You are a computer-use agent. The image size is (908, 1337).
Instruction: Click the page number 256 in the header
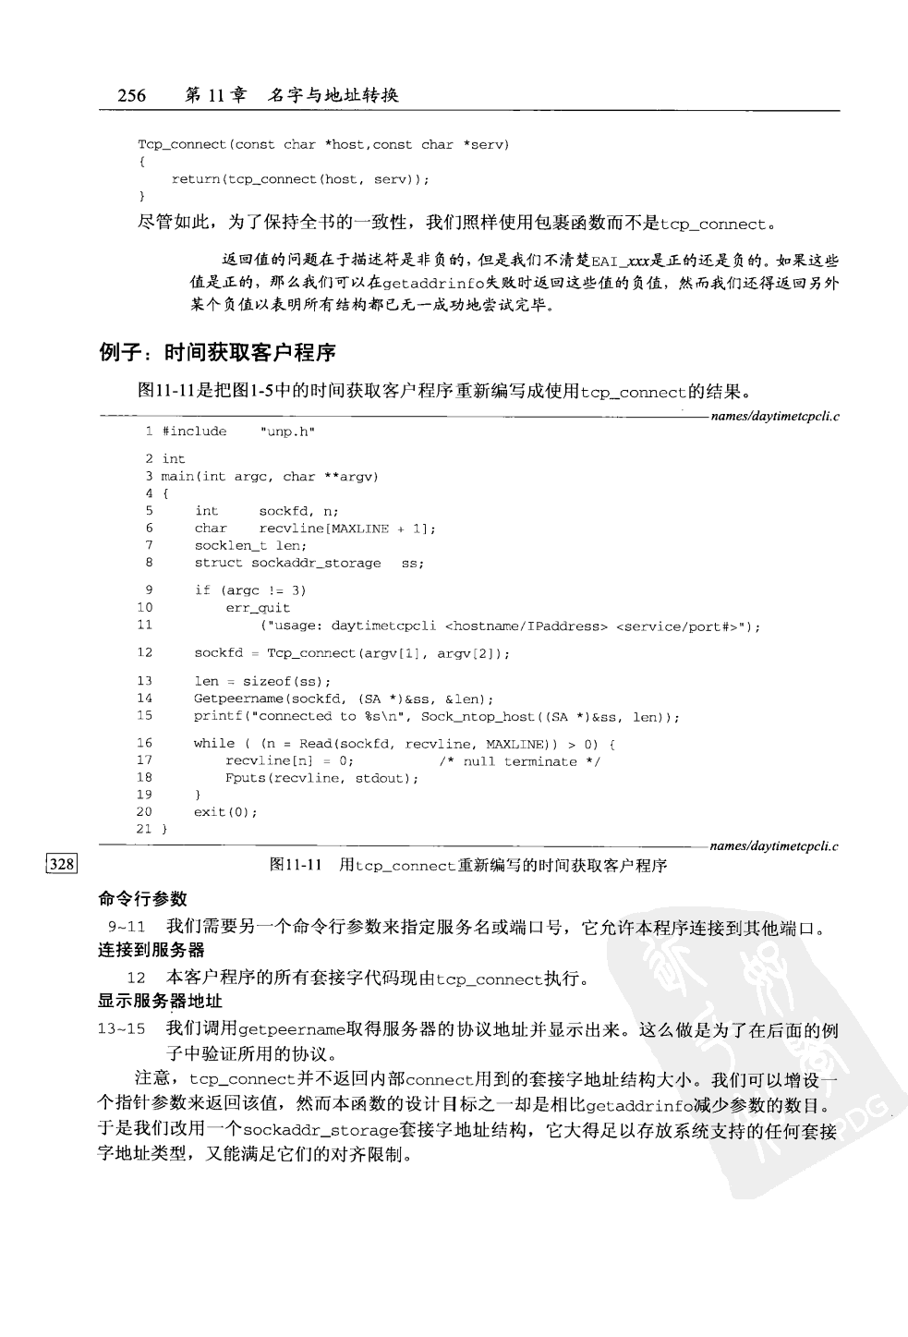(131, 95)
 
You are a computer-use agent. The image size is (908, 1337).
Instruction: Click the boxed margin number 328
(62, 865)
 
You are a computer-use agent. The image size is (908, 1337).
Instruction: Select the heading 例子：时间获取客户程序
(217, 352)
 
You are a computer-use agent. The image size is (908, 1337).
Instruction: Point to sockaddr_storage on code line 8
(316, 563)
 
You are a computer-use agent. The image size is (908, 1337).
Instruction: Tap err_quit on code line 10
(258, 608)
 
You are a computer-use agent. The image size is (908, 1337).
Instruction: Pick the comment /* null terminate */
(519, 761)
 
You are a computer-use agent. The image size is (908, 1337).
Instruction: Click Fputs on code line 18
(245, 778)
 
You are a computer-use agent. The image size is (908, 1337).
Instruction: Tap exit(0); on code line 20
(225, 812)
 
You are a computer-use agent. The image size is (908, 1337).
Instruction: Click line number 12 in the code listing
(144, 653)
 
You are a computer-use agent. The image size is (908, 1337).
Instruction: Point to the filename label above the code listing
(774, 417)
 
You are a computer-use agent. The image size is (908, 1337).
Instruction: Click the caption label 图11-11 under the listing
(295, 865)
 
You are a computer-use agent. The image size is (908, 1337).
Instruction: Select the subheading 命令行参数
(143, 898)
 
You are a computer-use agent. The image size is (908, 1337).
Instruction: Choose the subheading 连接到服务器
(151, 950)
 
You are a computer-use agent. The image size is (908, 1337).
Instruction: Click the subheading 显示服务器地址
(160, 1002)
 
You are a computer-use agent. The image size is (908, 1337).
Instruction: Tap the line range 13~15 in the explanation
(122, 1030)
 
